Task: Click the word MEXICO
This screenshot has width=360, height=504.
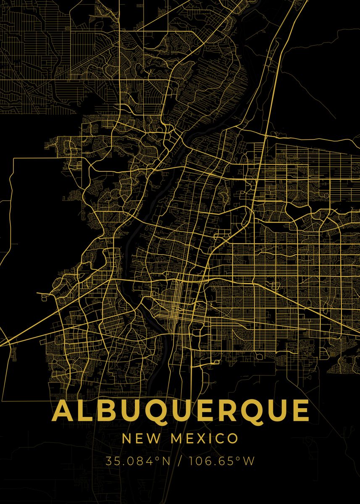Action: point(204,439)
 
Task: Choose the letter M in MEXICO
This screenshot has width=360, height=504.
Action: point(176,439)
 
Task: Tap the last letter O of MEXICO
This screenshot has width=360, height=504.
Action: point(232,439)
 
